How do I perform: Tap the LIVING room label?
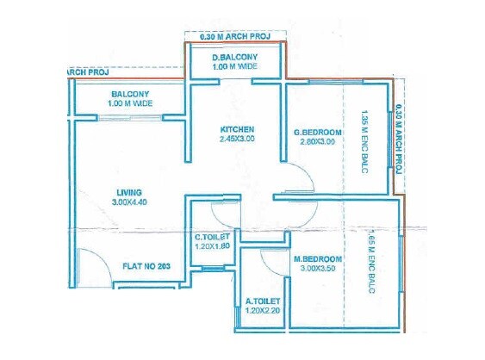[129, 191]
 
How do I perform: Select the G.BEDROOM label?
[318, 132]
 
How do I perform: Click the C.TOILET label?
[211, 237]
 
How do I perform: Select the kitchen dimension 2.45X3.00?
[236, 139]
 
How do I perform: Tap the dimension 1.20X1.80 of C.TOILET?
[211, 246]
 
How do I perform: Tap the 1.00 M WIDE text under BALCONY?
[130, 104]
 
